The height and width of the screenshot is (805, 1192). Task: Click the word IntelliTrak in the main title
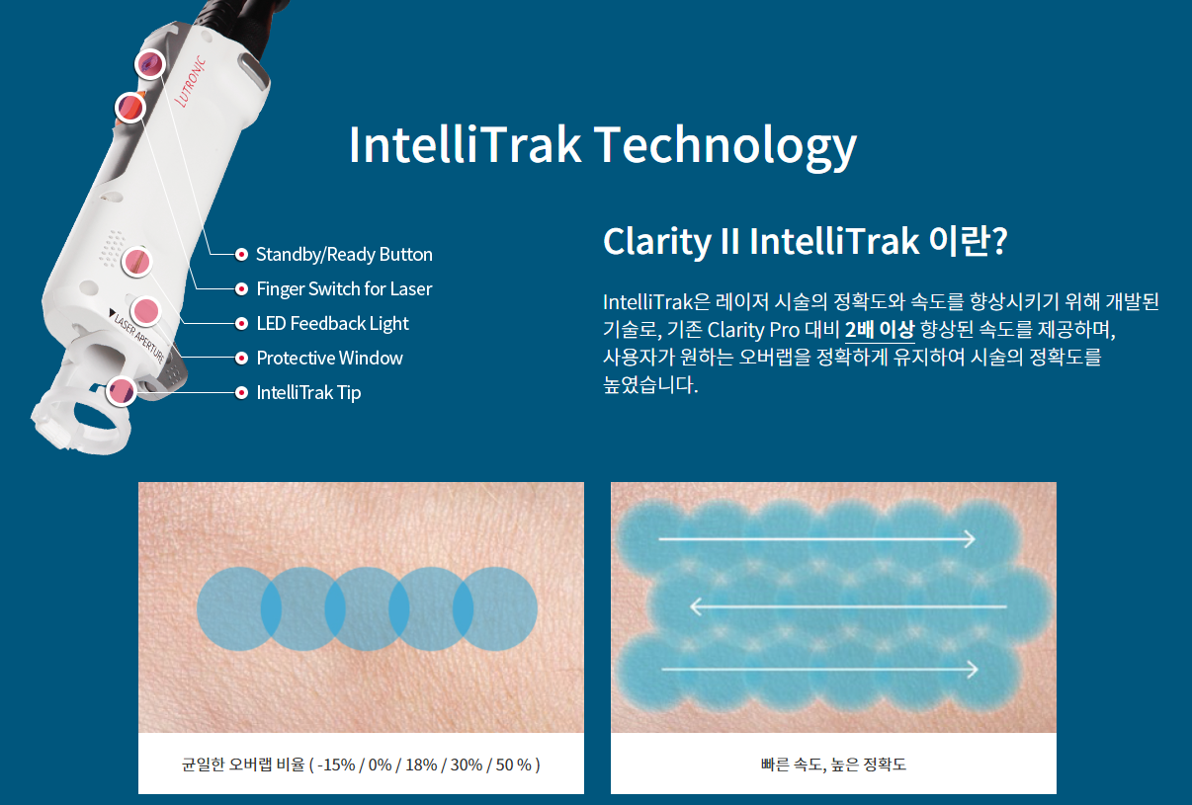point(465,144)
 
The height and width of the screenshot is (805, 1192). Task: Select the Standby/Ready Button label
point(344,255)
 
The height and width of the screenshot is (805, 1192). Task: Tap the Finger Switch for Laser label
point(344,288)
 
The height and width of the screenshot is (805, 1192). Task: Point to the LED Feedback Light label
point(332,323)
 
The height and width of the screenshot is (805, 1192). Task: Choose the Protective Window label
point(329,358)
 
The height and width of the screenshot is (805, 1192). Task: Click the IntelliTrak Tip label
point(308,392)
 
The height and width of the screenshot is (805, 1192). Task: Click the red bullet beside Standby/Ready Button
point(241,255)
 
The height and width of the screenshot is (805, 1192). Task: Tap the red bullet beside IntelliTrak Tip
point(241,392)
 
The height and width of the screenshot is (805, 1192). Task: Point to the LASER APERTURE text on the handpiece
point(139,337)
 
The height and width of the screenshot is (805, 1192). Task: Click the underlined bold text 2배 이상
point(880,330)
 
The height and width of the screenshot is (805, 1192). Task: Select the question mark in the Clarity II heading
point(999,241)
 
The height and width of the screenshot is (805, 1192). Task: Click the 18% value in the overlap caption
point(421,765)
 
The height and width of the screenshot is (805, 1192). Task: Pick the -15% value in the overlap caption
point(336,765)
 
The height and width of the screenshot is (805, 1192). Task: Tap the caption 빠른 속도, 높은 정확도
point(833,765)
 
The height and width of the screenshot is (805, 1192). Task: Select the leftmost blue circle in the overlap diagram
point(239,608)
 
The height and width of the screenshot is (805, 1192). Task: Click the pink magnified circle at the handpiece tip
point(122,391)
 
